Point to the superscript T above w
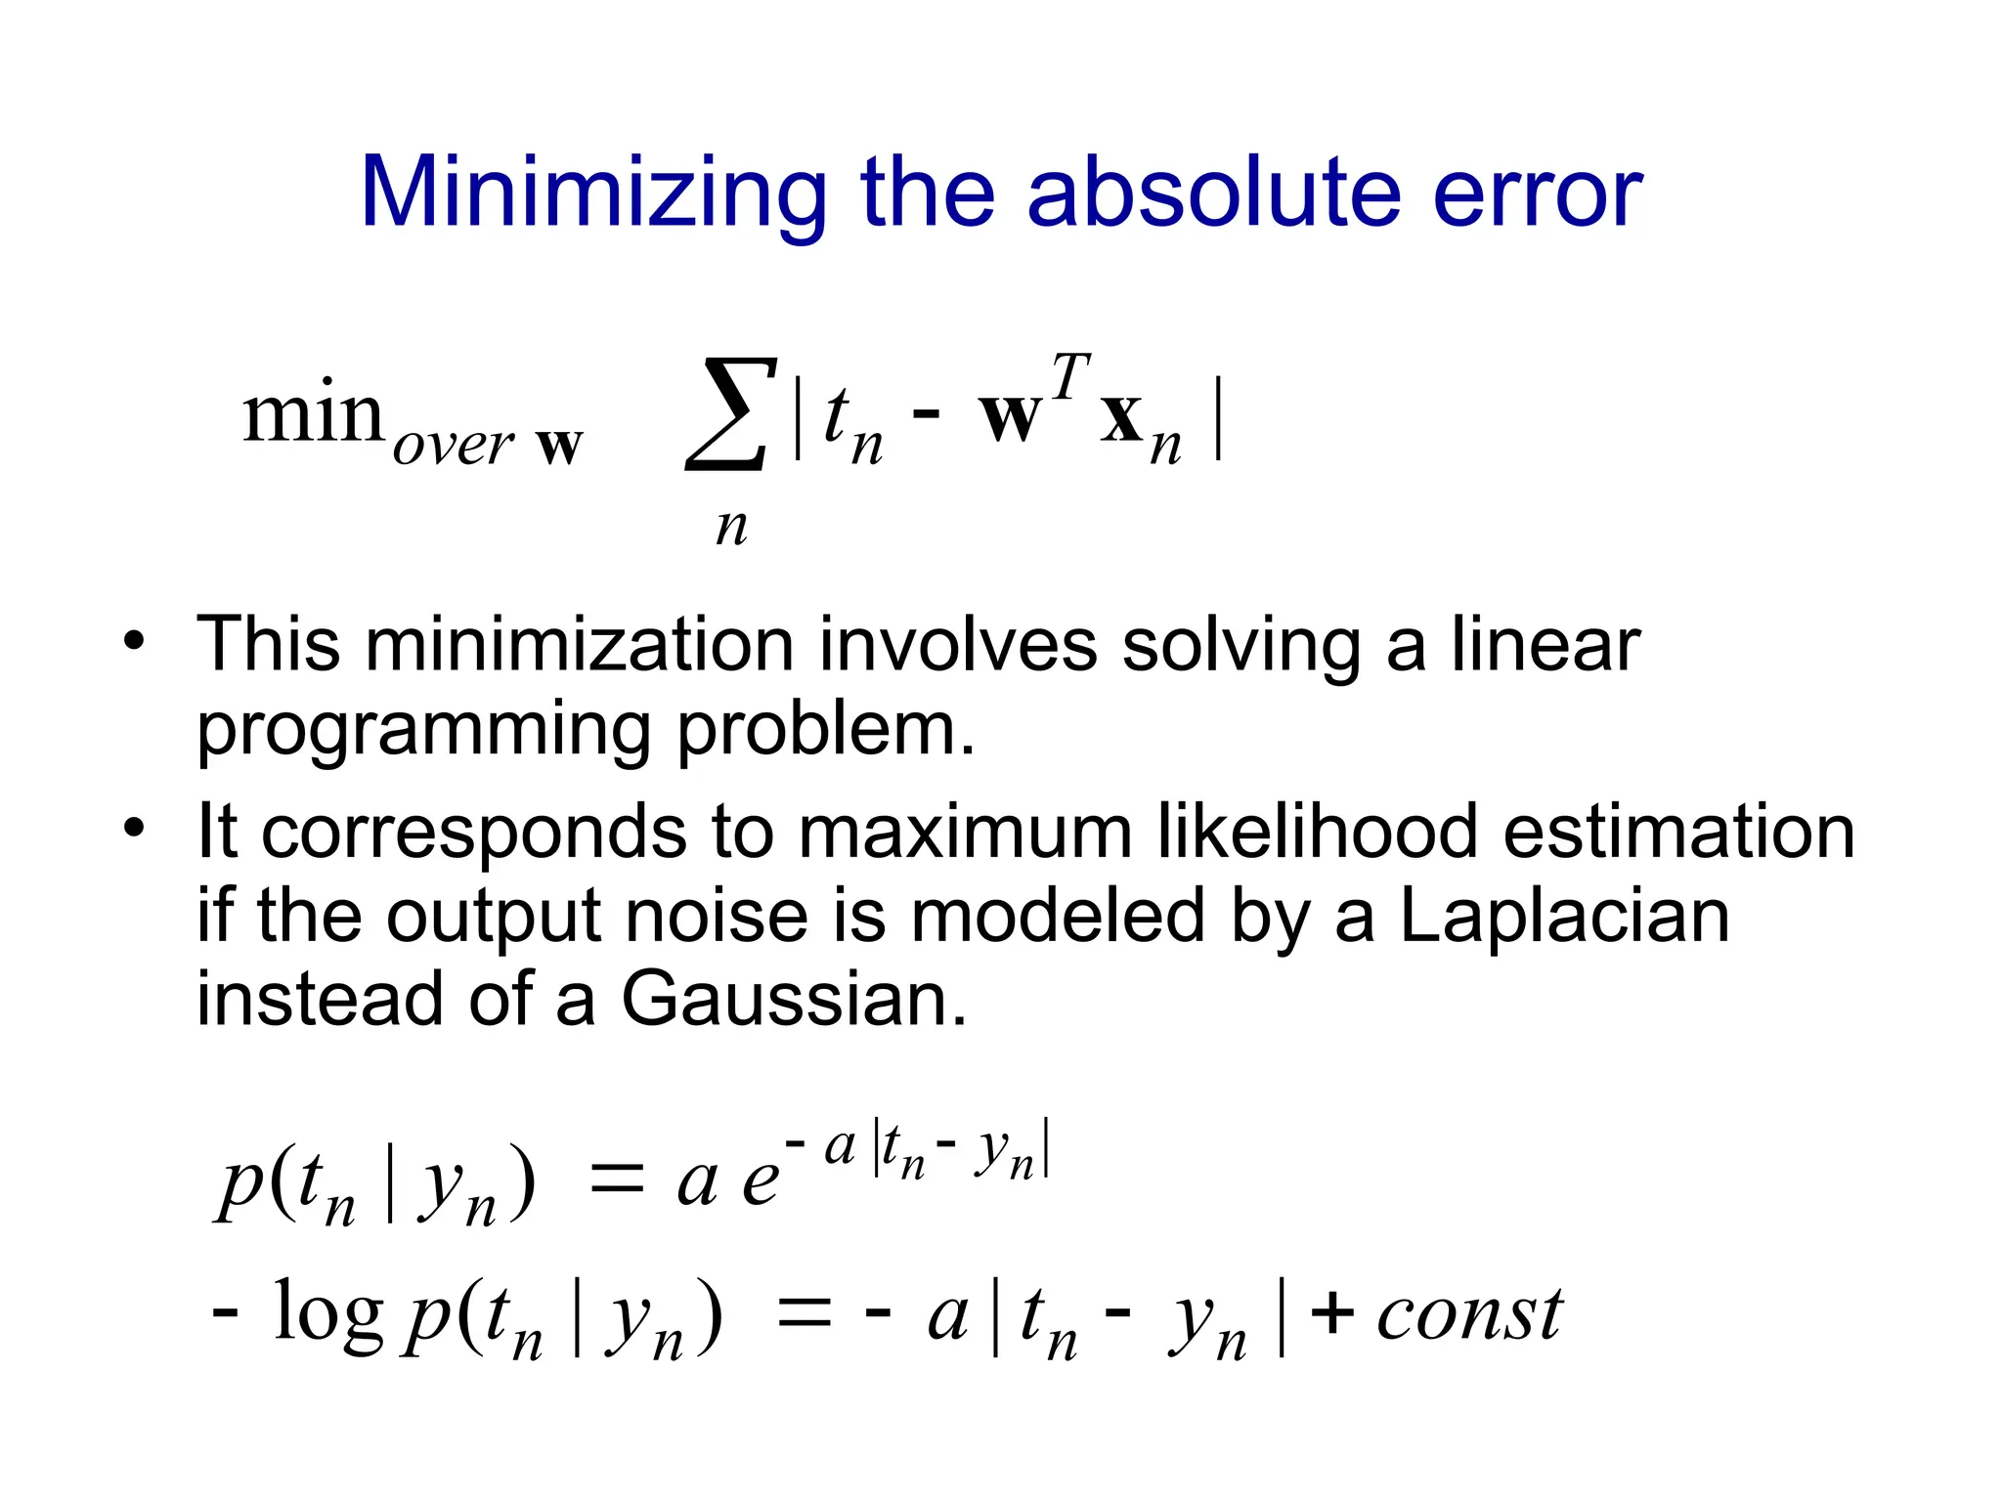coord(1069,376)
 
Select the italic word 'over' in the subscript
coord(454,446)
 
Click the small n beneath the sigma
coord(731,528)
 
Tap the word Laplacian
coord(1564,916)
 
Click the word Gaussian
coord(793,999)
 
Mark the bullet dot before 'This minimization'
coord(134,642)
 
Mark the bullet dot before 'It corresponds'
coord(134,830)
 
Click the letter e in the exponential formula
coord(761,1182)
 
